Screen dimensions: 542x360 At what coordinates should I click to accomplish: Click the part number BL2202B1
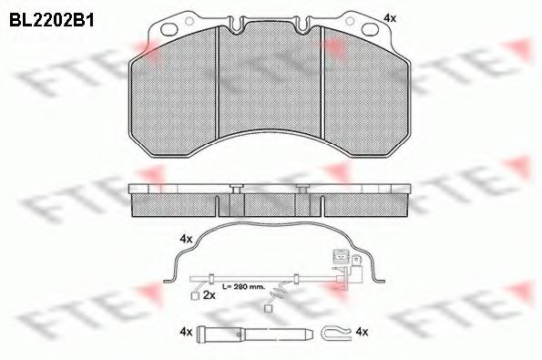click(x=52, y=20)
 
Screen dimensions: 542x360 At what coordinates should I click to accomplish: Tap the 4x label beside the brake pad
click(x=390, y=18)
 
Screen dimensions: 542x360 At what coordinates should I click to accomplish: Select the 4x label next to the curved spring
click(x=186, y=239)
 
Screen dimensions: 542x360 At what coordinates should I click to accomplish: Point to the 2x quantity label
click(x=210, y=295)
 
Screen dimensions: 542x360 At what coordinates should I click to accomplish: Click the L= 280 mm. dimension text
click(x=243, y=287)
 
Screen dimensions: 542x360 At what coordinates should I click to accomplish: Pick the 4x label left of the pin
click(x=186, y=332)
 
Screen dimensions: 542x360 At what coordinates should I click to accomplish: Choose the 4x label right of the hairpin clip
click(x=362, y=332)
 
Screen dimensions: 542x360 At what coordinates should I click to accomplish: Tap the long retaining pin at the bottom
click(x=255, y=334)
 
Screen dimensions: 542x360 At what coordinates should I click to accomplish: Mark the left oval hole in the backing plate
click(x=169, y=29)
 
